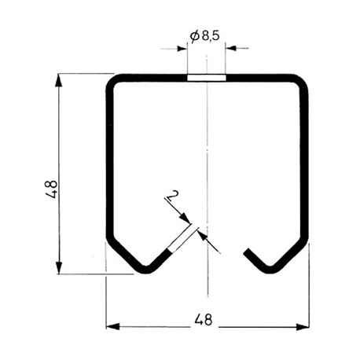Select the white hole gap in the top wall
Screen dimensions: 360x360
coord(207,78)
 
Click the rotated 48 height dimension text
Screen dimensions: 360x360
coord(50,189)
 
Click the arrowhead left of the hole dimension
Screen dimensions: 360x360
coord(182,49)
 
